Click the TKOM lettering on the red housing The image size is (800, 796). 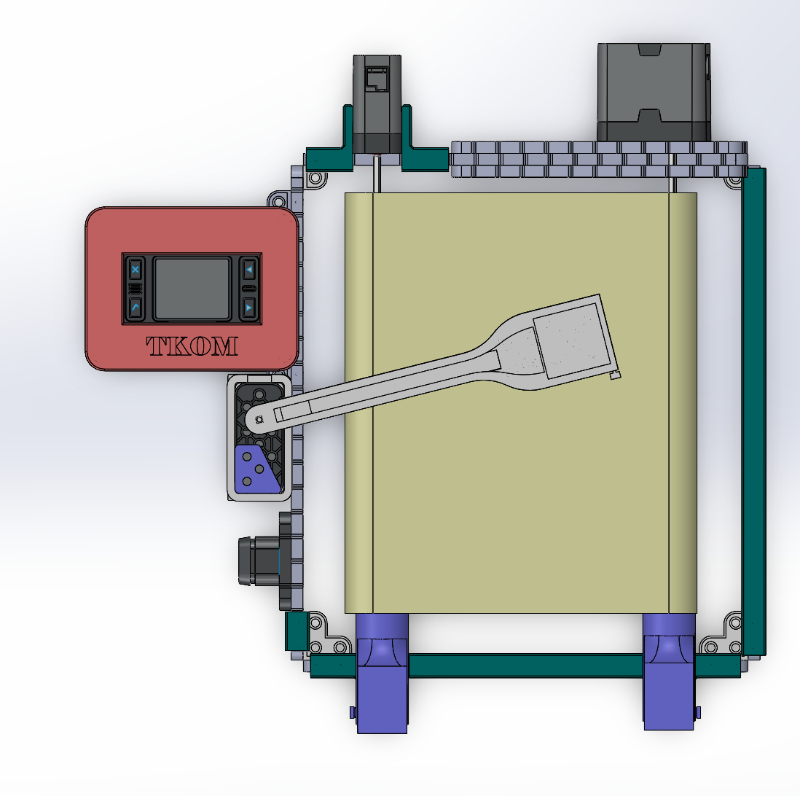pos(192,346)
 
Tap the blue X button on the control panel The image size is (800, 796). pos(136,269)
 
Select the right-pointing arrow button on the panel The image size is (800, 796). pos(248,308)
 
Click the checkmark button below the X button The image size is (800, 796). pos(136,308)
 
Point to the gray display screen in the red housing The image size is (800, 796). pos(192,289)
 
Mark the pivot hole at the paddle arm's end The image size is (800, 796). pos(259,420)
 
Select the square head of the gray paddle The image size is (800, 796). pos(573,340)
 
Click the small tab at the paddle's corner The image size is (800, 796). pos(616,375)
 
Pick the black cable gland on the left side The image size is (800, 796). pos(259,560)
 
